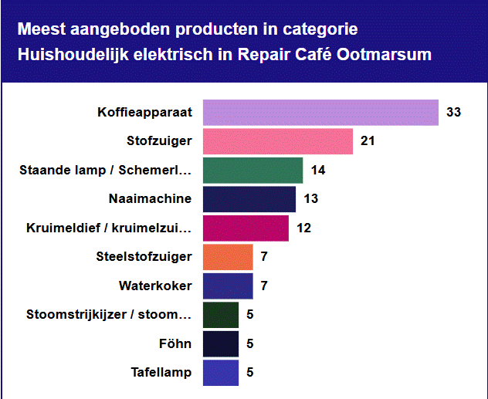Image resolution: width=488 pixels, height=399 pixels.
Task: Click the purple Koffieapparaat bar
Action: coord(320,112)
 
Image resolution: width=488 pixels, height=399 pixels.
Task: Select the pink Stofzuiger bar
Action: coord(278,141)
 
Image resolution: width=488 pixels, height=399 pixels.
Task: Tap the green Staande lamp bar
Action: coord(252,170)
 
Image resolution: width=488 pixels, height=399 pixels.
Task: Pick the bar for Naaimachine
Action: coord(249,199)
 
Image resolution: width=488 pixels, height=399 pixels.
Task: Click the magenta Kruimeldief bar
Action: coord(246,228)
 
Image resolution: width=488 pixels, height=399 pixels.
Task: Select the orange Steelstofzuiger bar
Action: coord(228,257)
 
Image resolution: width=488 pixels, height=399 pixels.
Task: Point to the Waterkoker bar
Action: coord(228,286)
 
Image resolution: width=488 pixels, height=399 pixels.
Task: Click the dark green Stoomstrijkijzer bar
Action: coord(221,315)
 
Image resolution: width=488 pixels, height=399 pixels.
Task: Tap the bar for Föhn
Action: coord(221,343)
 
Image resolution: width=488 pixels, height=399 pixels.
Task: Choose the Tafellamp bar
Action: coord(221,373)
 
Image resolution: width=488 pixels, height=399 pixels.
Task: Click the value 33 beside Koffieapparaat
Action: coord(453,113)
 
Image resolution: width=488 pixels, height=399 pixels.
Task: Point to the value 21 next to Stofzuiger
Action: coord(368,141)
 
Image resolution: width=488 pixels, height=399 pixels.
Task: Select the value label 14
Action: coord(317,171)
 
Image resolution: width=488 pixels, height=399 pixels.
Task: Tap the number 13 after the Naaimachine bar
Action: coord(310,199)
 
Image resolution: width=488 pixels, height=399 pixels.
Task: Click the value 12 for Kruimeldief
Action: coord(303,228)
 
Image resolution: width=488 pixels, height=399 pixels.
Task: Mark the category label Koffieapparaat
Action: coord(144,113)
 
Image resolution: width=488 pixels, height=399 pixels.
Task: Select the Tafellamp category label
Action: coord(161,373)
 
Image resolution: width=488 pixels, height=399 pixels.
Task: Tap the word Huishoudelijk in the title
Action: coord(64,55)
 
